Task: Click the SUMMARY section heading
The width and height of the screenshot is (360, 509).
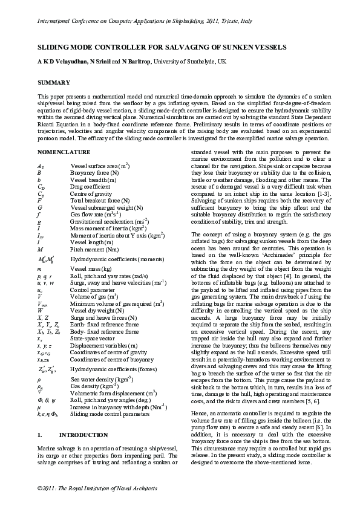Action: (53, 82)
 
